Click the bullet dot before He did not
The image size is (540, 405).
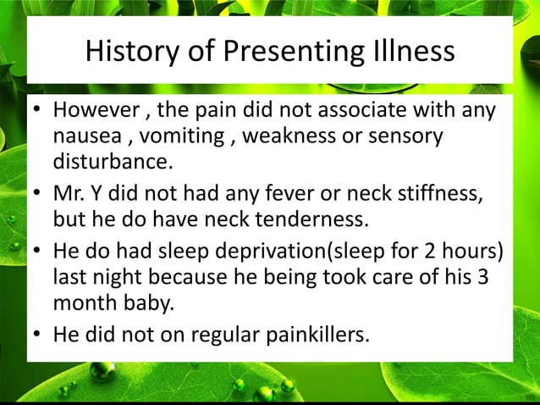click(37, 336)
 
